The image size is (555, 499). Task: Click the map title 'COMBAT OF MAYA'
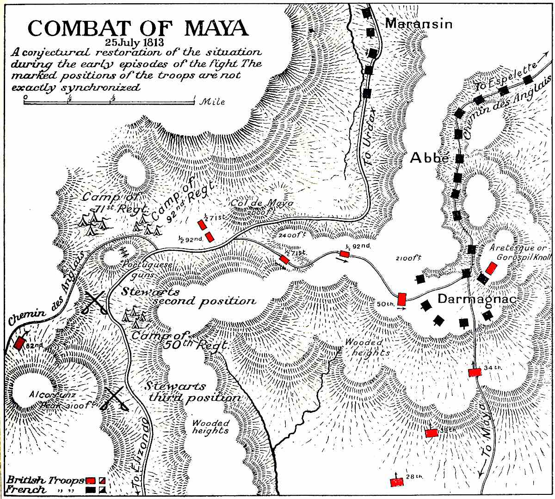pyautogui.click(x=138, y=29)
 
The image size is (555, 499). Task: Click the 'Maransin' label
pyautogui.click(x=419, y=24)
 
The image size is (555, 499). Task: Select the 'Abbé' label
pyautogui.click(x=430, y=158)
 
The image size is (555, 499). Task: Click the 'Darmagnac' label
pyautogui.click(x=476, y=299)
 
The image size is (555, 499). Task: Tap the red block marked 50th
pyautogui.click(x=402, y=299)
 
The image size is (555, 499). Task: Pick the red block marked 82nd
pyautogui.click(x=19, y=343)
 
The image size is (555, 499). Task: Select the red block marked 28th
pyautogui.click(x=397, y=482)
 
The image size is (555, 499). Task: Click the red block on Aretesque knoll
pyautogui.click(x=491, y=268)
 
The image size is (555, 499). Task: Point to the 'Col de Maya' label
pyautogui.click(x=262, y=203)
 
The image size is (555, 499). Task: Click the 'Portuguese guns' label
pyautogui.click(x=147, y=268)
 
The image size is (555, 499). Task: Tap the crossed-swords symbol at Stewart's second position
pyautogui.click(x=96, y=303)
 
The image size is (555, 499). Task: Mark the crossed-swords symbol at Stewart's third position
pyautogui.click(x=117, y=399)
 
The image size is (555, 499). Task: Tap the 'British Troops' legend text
pyautogui.click(x=45, y=480)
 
